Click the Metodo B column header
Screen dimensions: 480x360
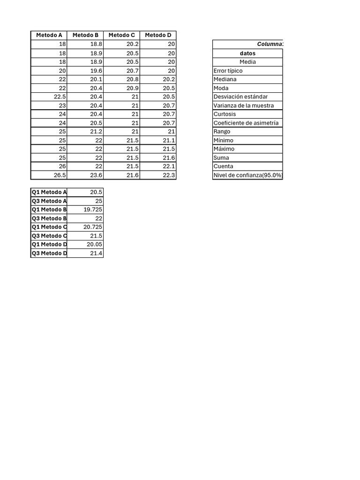(85, 35)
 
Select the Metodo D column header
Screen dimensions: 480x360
(158, 35)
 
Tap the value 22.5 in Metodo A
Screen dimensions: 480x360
(60, 97)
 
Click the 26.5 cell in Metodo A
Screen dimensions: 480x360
(60, 175)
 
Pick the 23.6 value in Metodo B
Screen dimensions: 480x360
(96, 175)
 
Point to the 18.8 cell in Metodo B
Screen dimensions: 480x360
(96, 44)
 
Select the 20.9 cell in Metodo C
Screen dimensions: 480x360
(133, 88)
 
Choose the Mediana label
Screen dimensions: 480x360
(225, 79)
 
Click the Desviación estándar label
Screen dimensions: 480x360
(240, 97)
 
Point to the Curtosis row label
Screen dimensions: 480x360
(225, 114)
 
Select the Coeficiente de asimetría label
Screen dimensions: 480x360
(246, 123)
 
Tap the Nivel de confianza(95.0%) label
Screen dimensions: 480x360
(248, 175)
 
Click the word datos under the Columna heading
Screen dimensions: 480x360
(247, 53)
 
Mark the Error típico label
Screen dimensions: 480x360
(228, 71)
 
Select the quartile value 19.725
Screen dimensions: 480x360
(93, 210)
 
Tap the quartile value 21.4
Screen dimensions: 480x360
(96, 254)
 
